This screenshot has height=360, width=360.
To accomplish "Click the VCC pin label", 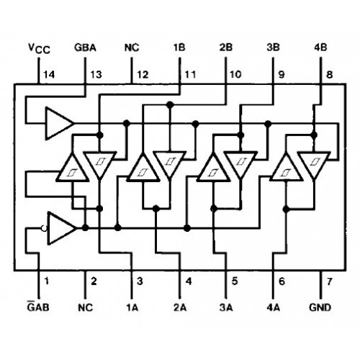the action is tap(39, 48).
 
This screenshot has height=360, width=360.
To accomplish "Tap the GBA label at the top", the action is tap(85, 48).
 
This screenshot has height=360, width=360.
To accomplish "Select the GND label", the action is tap(320, 307).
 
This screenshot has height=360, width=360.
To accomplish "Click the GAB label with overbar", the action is tap(38, 306).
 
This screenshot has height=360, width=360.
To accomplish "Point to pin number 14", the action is tap(49, 75).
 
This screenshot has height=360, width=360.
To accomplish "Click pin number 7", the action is tap(330, 281).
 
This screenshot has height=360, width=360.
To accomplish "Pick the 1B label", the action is tap(179, 48).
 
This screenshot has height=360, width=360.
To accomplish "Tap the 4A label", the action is tap(273, 307).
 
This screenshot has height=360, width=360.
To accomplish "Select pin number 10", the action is tap(235, 74).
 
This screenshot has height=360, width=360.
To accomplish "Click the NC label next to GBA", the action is tap(132, 48).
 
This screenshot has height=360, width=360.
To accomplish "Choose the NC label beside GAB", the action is tap(85, 307).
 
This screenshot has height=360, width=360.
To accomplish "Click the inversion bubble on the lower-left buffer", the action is tap(45, 228).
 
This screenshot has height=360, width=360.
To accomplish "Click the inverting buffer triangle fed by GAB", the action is tap(62, 228).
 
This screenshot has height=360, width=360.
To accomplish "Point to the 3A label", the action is tap(226, 307).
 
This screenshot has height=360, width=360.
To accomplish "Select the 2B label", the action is tap(225, 48).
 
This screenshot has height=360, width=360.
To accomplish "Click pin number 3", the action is tap(140, 281).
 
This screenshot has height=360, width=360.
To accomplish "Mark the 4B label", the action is tap(320, 48).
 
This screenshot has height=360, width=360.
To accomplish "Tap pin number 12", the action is tap(143, 75).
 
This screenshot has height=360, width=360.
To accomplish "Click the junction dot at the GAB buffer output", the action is tap(85, 228).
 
